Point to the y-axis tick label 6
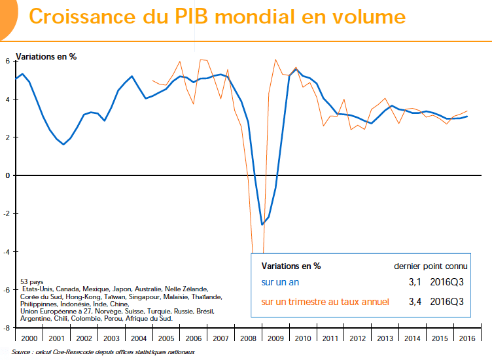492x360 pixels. [x=8, y=61]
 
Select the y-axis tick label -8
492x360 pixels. [x=7, y=328]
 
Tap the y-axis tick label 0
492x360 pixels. [x=8, y=175]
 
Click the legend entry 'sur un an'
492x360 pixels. [x=280, y=283]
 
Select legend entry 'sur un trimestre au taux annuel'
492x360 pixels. [x=325, y=302]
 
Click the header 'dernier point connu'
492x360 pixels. [x=430, y=266]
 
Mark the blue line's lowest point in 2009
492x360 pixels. [x=262, y=225]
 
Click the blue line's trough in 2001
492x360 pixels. [x=63, y=144]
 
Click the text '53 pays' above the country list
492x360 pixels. [x=33, y=281]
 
